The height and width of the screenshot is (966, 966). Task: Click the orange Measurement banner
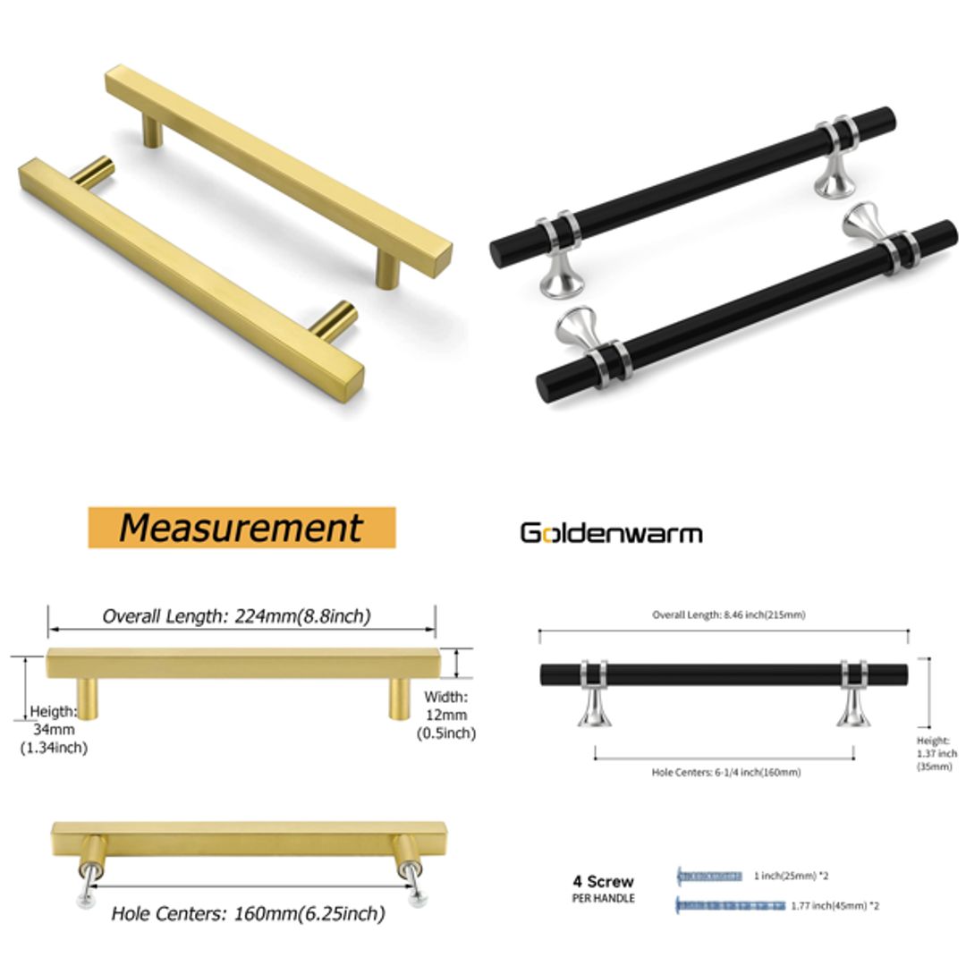coord(241,528)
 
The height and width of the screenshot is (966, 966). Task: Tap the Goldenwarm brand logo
coord(611,533)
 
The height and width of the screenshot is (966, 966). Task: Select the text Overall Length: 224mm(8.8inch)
coord(236,615)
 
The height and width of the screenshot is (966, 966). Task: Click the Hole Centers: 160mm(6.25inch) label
coord(248,914)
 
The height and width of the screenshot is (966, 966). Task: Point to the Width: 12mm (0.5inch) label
coord(445,715)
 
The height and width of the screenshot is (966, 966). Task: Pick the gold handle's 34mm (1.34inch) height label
coord(54,729)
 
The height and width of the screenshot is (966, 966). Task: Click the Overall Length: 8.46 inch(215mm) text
coord(728,614)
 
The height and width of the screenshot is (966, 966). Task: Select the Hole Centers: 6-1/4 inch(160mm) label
coord(725,772)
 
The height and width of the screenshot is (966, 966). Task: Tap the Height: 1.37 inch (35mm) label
coord(936,753)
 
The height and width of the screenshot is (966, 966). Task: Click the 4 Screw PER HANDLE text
coord(603,888)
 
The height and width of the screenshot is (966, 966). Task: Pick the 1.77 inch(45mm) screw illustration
coord(730,905)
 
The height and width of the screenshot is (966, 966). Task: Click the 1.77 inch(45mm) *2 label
coord(835,905)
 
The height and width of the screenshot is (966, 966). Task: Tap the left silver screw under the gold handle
coord(89,889)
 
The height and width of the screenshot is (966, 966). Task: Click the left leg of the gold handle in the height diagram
coord(88,698)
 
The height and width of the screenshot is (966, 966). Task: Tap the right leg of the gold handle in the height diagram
coord(400,698)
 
